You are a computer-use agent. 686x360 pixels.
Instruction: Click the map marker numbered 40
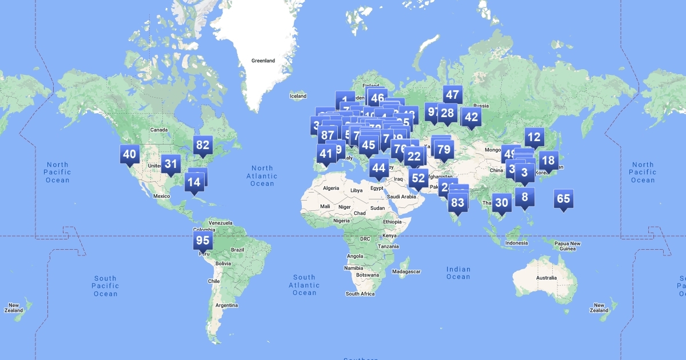tap(130, 154)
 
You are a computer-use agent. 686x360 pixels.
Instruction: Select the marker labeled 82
tap(203, 145)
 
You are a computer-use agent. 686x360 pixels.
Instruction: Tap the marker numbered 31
tap(171, 165)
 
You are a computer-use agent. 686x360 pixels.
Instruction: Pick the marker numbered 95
tap(203, 241)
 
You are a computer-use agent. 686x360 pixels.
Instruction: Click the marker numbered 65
tap(563, 199)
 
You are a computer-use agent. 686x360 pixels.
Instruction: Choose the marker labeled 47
tap(452, 95)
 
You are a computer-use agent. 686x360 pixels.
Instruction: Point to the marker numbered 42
tap(471, 118)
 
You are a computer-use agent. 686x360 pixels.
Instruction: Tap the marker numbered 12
tap(534, 137)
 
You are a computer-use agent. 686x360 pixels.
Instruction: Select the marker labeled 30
tap(501, 203)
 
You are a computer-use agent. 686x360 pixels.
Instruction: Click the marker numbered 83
tap(457, 202)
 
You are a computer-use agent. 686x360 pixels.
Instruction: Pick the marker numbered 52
tap(418, 178)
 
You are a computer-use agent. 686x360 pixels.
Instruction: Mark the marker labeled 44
tap(378, 168)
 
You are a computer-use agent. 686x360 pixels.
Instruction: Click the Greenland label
tap(263, 61)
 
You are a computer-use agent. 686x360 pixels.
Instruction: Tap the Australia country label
tap(546, 278)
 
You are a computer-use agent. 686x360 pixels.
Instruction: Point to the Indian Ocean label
tap(458, 273)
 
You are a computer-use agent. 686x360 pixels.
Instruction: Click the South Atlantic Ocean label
tap(304, 285)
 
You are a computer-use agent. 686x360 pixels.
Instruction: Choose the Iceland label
tap(298, 96)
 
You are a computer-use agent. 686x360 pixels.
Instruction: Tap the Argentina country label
tap(227, 305)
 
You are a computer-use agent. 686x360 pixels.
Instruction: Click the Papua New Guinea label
tap(568, 246)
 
